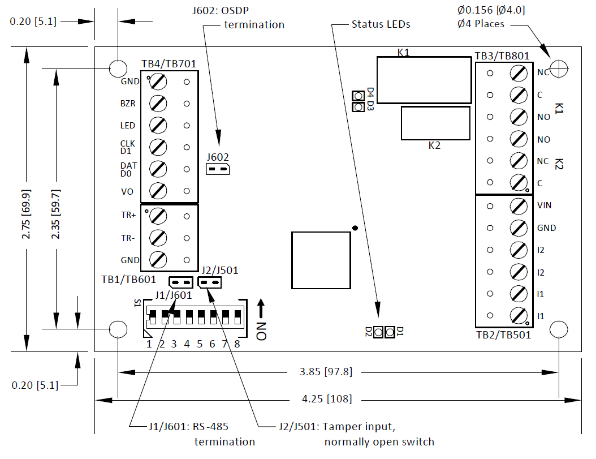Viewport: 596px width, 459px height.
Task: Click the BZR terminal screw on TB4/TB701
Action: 158,104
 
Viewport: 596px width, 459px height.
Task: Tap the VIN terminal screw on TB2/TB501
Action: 518,206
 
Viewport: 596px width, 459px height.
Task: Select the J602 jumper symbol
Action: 217,169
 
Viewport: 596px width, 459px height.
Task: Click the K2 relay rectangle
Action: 435,123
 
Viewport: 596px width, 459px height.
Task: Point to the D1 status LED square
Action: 390,332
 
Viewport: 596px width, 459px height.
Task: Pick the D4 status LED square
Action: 358,96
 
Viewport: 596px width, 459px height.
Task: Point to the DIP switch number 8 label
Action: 237,344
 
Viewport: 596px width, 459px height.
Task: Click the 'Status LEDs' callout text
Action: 381,24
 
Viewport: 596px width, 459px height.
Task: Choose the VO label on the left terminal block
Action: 127,192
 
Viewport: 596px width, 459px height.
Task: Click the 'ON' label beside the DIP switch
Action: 261,331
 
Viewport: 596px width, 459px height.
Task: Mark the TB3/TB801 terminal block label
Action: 502,56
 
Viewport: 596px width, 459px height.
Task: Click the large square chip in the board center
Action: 321,260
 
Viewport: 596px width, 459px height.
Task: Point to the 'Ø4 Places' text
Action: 480,24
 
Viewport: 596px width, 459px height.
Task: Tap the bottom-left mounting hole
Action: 118,329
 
